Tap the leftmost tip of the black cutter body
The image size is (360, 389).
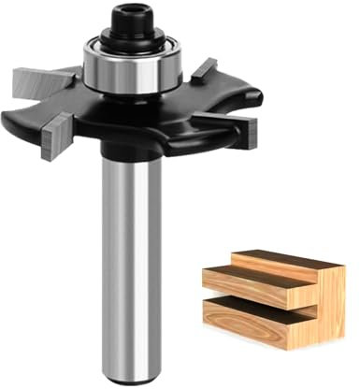point(6,122)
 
